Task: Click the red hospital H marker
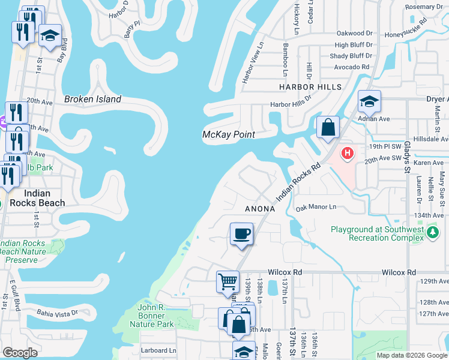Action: click(x=347, y=154)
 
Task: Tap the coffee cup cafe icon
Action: click(x=241, y=234)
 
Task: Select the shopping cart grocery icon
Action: click(x=228, y=281)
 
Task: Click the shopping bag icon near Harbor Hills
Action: click(x=328, y=127)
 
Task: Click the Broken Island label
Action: click(x=92, y=99)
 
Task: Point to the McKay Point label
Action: click(x=228, y=135)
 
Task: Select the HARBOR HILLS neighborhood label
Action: click(x=310, y=87)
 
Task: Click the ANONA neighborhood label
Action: click(x=260, y=209)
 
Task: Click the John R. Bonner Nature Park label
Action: click(x=151, y=316)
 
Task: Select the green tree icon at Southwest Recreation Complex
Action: click(x=432, y=232)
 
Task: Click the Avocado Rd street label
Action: click(x=351, y=67)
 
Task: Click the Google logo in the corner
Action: click(x=20, y=353)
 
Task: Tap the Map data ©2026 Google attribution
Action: click(x=411, y=355)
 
